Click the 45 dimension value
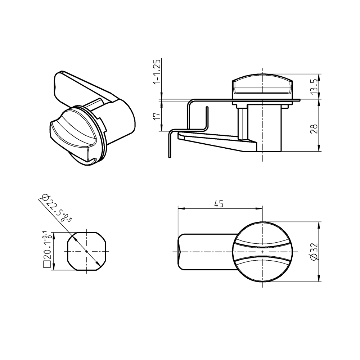click(x=219, y=203)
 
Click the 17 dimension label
click(x=156, y=116)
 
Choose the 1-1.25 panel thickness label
click(x=156, y=72)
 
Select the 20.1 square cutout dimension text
click(x=47, y=248)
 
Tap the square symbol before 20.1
click(x=46, y=265)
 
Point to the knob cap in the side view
click(x=262, y=86)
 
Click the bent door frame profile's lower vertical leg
click(x=169, y=146)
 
